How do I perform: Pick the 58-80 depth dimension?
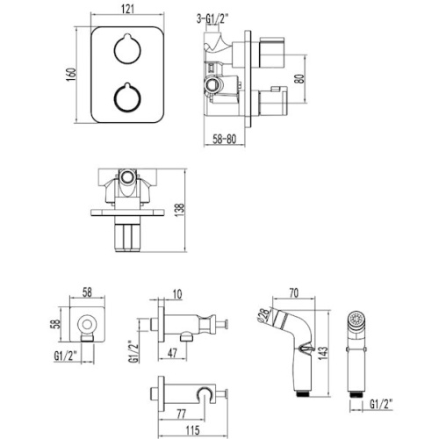(x=227, y=139)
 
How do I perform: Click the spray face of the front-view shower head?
(x=356, y=320)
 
